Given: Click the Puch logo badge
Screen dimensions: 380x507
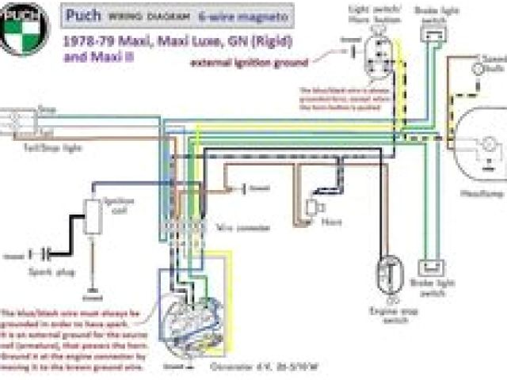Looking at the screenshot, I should pos(24,28).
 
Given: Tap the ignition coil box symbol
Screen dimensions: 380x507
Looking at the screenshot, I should pos(93,216).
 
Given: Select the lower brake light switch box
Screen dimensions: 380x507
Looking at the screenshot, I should pos(432,269).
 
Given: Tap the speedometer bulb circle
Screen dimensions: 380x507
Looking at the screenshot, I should pos(478,69).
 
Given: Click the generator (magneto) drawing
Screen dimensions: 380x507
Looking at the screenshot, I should pos(190,317).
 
